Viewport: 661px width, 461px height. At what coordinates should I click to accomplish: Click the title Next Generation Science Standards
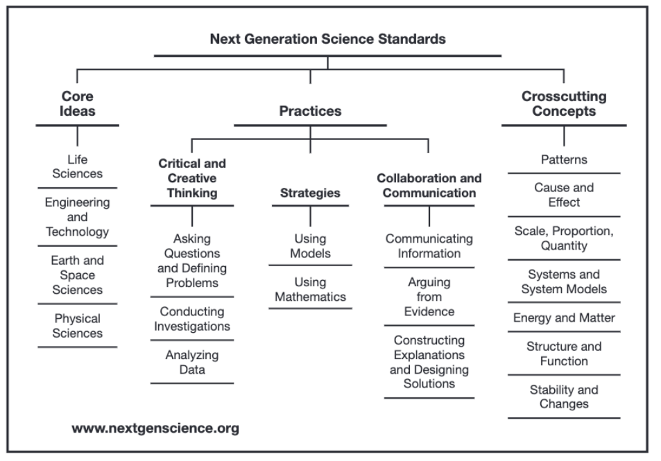click(327, 39)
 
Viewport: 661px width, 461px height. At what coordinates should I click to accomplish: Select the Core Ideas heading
click(77, 104)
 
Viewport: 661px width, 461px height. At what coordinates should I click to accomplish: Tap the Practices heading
click(310, 111)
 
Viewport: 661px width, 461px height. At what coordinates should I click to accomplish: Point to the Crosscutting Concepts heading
click(564, 104)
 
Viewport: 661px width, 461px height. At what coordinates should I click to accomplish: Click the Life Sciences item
click(77, 166)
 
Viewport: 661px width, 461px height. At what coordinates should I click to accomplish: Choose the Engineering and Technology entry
click(77, 217)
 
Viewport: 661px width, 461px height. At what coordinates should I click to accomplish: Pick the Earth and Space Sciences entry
click(77, 275)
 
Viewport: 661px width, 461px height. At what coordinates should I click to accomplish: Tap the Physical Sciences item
click(77, 326)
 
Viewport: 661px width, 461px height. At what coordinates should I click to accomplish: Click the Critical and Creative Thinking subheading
click(192, 178)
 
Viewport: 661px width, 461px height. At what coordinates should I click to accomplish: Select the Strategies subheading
click(310, 193)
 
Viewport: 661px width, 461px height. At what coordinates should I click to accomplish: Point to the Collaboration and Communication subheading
click(429, 185)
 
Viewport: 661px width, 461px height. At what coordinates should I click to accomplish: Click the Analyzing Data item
click(192, 362)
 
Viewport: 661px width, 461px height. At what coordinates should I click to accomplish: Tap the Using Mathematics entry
click(310, 289)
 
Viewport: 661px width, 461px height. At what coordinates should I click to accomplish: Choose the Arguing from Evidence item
click(429, 297)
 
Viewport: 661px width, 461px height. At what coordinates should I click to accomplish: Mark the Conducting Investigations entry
click(192, 319)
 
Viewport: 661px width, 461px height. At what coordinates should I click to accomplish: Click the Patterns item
click(564, 159)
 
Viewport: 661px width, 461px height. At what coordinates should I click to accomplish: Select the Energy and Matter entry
click(564, 318)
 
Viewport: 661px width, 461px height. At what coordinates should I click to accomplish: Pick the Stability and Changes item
click(564, 397)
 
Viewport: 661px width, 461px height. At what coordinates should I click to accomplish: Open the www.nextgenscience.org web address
click(155, 428)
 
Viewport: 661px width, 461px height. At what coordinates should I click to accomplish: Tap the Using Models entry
click(310, 246)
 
